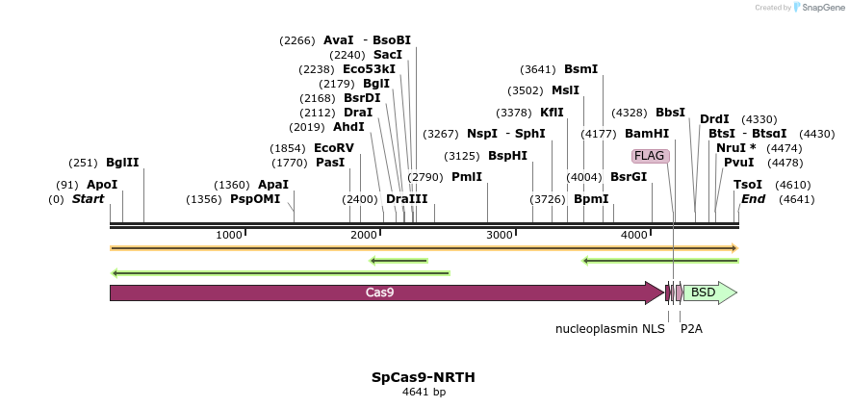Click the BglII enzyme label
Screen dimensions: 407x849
pos(122,163)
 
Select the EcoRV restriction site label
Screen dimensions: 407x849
pos(334,148)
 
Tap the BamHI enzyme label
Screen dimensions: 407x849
pos(646,134)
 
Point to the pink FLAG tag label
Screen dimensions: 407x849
pos(649,156)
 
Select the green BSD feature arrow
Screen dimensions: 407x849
pos(708,293)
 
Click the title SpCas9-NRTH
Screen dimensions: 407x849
pos(424,377)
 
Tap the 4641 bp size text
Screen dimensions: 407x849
pos(424,393)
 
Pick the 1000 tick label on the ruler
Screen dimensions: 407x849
pos(229,236)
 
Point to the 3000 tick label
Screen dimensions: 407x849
pos(500,236)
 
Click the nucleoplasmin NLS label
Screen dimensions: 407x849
pos(609,329)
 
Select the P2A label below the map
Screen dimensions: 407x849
pos(691,329)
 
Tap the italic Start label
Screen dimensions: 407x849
pos(89,199)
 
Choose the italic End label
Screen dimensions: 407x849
pos(753,199)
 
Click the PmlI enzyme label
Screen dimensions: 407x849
pos(466,177)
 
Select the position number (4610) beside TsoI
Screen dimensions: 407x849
pos(793,185)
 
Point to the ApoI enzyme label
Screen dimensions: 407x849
pos(101,185)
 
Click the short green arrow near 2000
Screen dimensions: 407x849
pos(399,260)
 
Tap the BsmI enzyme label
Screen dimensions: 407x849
pos(580,69)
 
